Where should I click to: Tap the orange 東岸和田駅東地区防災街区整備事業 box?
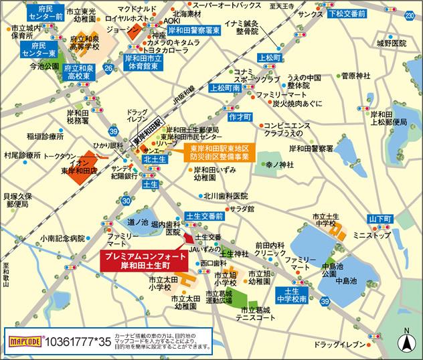219,152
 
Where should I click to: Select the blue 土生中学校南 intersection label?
291,295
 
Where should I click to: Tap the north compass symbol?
405,341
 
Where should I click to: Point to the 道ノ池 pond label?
137,221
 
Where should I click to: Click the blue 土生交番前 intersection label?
204,216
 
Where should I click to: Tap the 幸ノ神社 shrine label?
278,164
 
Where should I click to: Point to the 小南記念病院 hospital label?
62,238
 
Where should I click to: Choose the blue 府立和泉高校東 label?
79,72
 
